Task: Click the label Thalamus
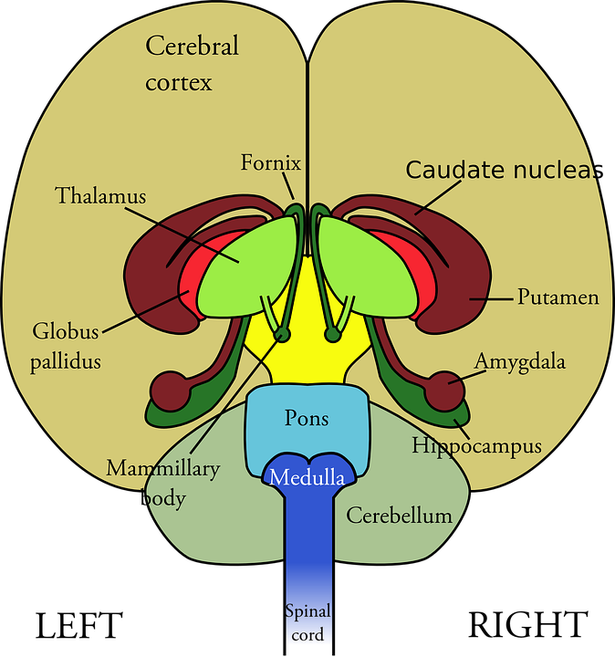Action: point(99,196)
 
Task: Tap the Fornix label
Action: point(270,163)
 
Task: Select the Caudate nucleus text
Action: point(500,170)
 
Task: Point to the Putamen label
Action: point(558,297)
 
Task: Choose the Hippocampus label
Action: point(476,446)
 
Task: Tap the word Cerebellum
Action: point(399,516)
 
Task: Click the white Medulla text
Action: point(307,477)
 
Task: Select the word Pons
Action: point(307,419)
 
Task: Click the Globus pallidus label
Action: point(65,347)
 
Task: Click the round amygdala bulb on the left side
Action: point(169,390)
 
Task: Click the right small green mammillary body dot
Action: point(333,335)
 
